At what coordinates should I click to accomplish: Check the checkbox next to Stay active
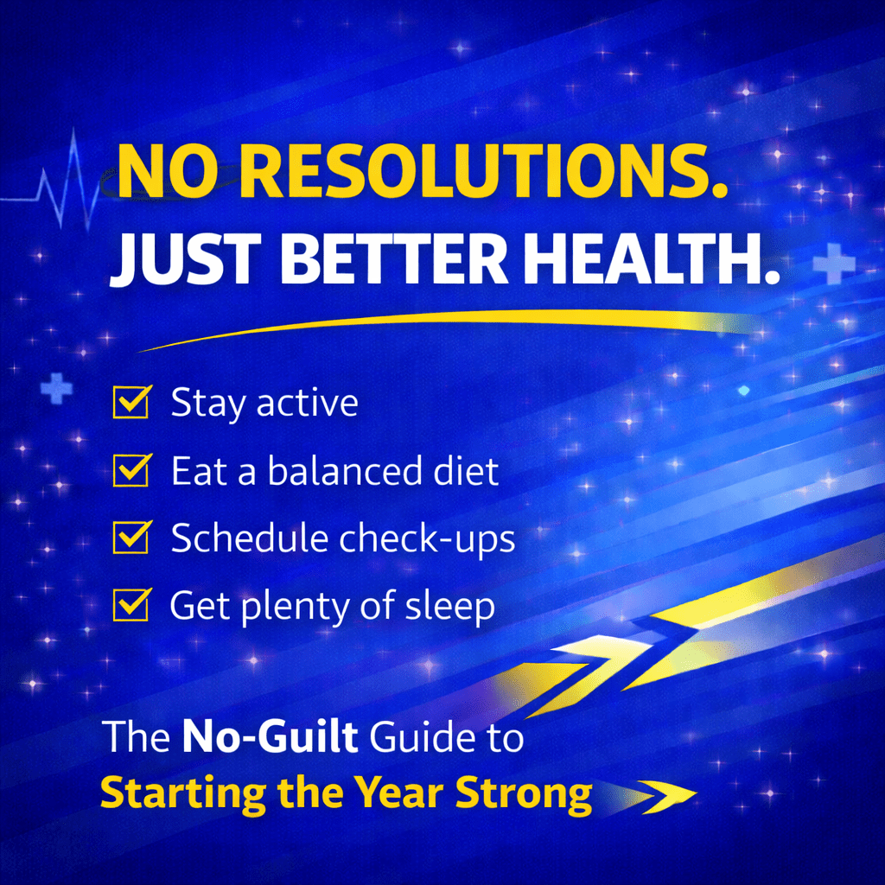(131, 404)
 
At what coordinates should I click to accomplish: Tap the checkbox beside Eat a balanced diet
(131, 472)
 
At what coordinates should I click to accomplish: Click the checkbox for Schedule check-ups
(131, 538)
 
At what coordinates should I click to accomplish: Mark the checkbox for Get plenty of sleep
(131, 605)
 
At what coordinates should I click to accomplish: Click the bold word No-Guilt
(270, 741)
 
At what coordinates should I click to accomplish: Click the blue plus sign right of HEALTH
(834, 264)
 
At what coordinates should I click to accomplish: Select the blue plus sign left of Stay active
(56, 390)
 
